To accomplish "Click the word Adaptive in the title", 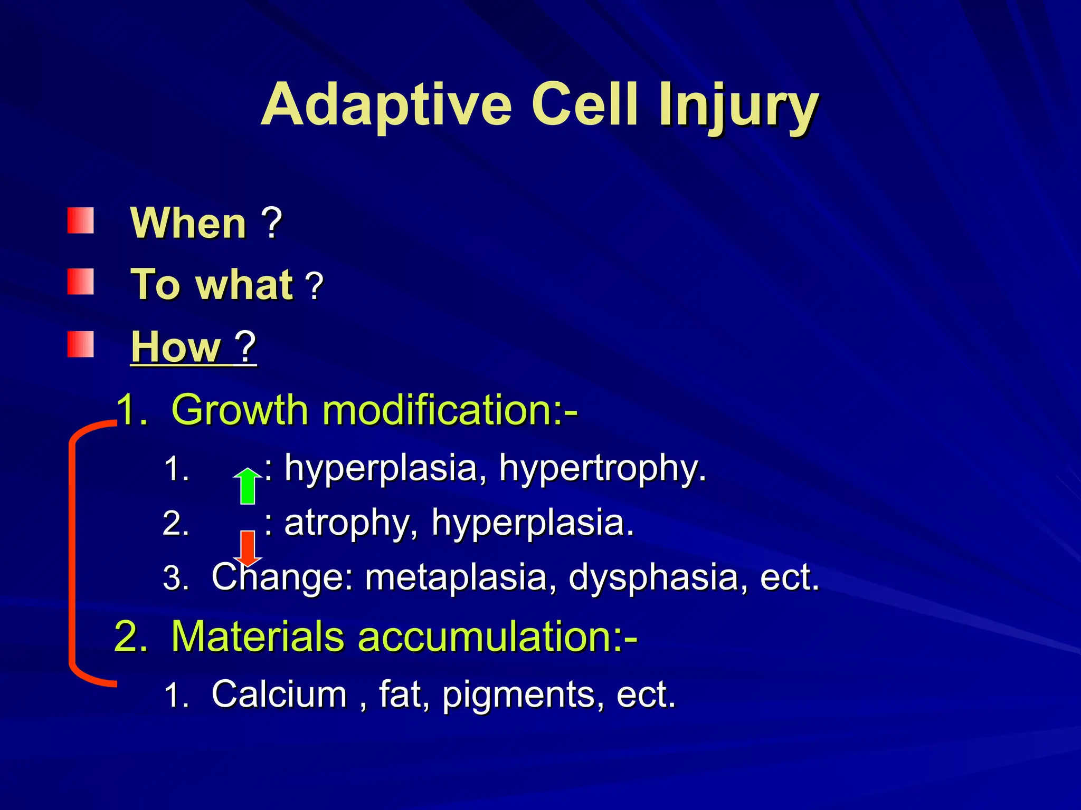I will pyautogui.click(x=386, y=105).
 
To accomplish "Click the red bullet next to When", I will pyautogui.click(x=80, y=220).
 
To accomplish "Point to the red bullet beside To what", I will pyautogui.click(x=80, y=282).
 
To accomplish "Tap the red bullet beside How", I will pyautogui.click(x=80, y=344).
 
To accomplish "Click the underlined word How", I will pyautogui.click(x=175, y=347).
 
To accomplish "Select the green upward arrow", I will pyautogui.click(x=248, y=486).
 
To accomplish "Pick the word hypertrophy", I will pyautogui.click(x=602, y=468).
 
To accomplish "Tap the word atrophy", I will pyautogui.click(x=346, y=523).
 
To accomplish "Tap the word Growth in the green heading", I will pyautogui.click(x=240, y=410).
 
